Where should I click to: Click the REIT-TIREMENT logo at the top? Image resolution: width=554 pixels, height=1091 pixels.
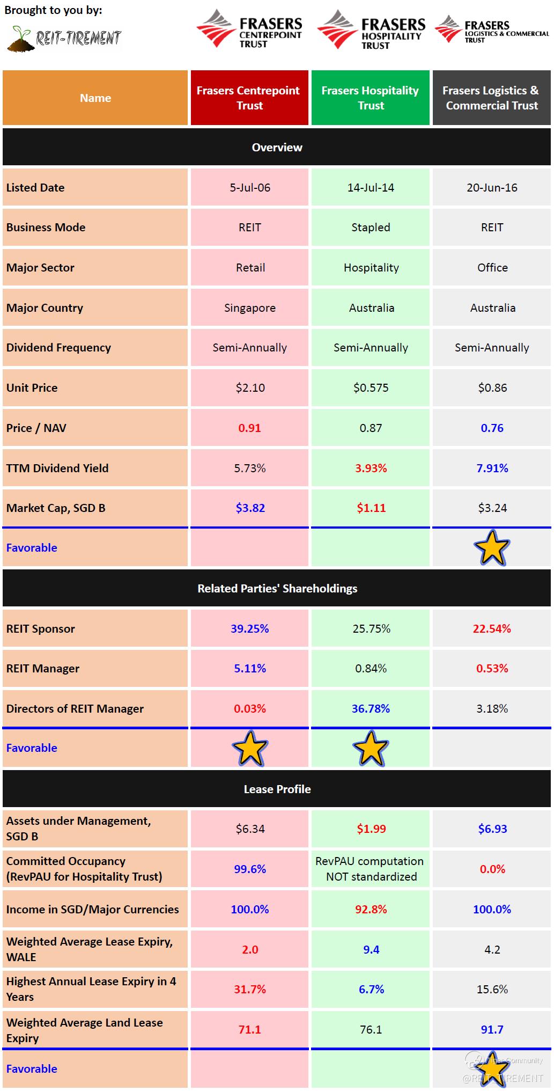click(x=65, y=38)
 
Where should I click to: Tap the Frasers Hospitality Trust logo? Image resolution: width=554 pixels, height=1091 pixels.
click(x=371, y=30)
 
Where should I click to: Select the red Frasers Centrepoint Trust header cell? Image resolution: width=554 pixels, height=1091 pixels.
click(x=249, y=98)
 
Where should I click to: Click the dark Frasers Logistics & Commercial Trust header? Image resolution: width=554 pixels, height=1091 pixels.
click(x=492, y=98)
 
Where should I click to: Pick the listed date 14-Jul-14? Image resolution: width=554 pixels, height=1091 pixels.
click(x=371, y=188)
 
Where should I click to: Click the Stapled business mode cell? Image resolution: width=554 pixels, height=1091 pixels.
click(x=371, y=228)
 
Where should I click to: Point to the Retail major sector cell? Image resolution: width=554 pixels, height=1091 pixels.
click(x=250, y=268)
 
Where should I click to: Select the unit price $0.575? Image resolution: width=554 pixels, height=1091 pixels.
click(x=371, y=388)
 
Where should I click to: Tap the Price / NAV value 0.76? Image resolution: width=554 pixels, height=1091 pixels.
click(x=492, y=428)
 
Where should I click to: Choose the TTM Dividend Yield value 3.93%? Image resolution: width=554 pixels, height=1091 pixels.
click(x=371, y=468)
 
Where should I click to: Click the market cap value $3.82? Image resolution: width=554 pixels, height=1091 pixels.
click(x=250, y=508)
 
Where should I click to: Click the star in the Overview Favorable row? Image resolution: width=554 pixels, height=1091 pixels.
click(x=492, y=548)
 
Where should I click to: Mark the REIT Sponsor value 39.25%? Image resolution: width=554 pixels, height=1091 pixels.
click(x=250, y=629)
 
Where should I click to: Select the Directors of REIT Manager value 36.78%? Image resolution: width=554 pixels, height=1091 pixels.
click(x=371, y=709)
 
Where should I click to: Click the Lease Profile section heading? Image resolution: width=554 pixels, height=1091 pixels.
click(x=277, y=789)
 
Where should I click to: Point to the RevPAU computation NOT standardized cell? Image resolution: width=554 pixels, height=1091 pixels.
click(x=371, y=869)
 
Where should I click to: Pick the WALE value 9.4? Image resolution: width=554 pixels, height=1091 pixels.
click(x=371, y=950)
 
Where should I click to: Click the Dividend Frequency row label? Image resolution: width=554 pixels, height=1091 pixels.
click(x=58, y=348)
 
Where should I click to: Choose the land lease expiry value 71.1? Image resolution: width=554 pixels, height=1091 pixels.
click(x=250, y=1030)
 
